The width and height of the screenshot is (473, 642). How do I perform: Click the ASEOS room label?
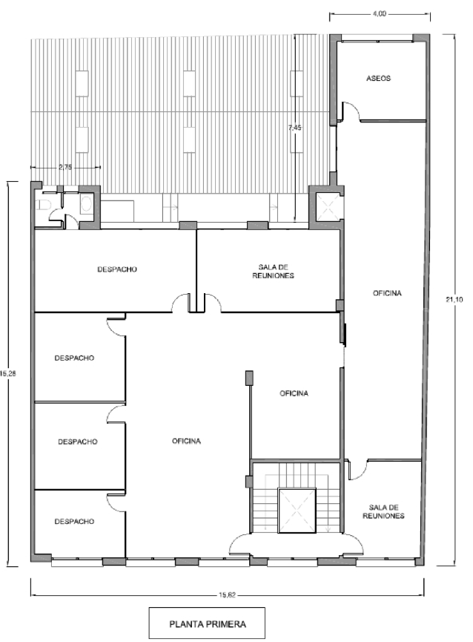378,78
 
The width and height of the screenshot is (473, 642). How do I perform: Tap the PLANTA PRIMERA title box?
207,623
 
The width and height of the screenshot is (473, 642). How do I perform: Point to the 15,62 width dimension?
227,595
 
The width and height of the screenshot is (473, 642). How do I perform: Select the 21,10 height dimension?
454,299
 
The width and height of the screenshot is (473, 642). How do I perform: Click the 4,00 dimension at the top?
379,14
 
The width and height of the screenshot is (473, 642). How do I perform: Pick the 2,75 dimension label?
65,167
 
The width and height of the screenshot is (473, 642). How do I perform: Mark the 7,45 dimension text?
294,128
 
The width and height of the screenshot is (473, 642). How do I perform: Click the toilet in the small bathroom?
43,205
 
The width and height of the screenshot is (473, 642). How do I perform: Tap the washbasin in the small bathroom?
86,204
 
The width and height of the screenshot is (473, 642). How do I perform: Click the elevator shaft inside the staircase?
297,510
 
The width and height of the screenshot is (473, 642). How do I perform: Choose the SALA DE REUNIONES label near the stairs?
383,512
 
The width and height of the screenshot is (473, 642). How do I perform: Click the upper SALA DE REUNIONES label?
273,272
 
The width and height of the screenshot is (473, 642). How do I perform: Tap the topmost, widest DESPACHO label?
117,269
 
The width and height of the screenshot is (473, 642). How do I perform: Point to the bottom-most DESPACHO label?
74,521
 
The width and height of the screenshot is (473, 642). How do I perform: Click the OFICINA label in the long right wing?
387,293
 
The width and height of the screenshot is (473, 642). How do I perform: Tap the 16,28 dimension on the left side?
7,373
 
